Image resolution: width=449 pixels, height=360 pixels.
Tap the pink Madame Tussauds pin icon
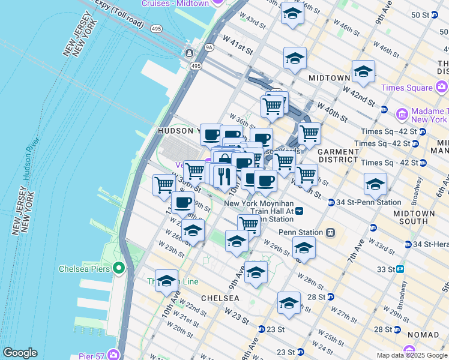(402, 113)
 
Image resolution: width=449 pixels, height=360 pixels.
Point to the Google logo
(20, 353)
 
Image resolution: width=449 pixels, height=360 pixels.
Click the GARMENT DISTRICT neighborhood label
(337, 157)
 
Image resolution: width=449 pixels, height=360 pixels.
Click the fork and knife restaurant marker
(224, 176)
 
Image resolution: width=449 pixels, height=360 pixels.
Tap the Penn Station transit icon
(330, 232)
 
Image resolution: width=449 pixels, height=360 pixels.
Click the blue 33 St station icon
(399, 269)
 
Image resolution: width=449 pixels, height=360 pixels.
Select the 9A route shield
(209, 46)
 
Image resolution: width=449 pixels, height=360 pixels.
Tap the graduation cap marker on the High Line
(167, 280)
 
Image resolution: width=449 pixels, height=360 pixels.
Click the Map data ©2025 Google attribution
(412, 355)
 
